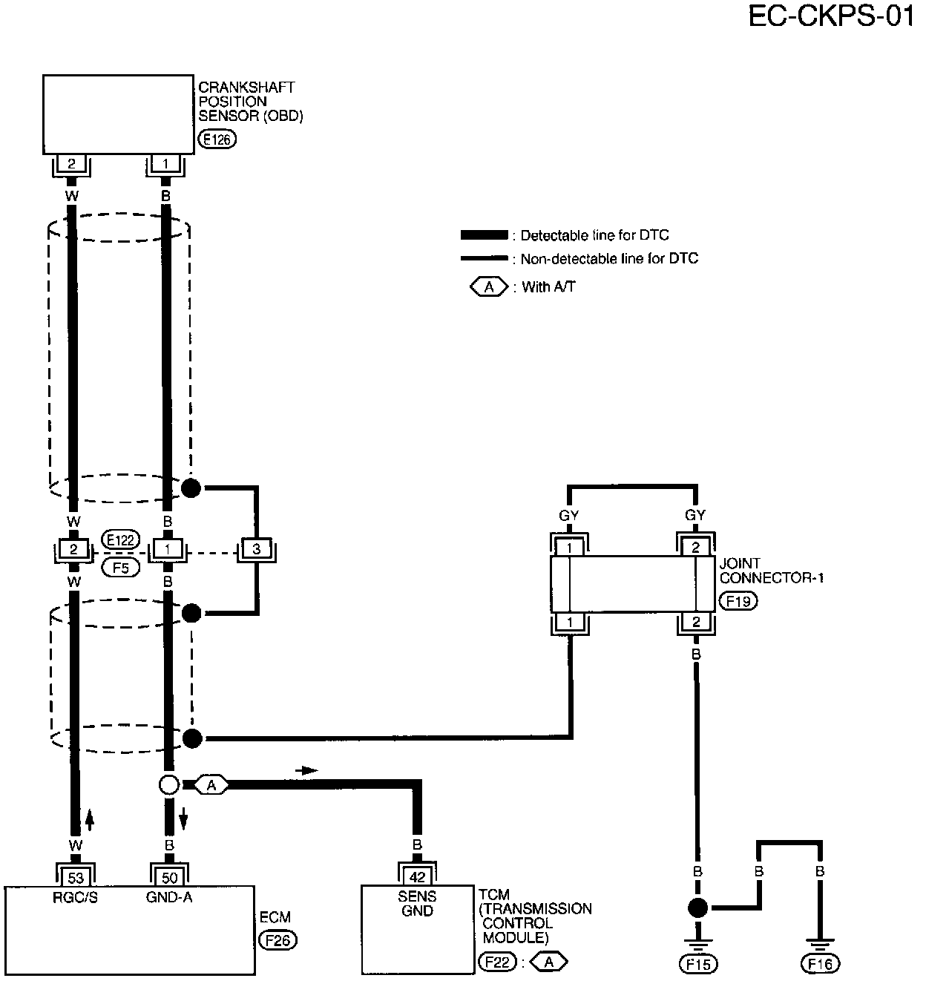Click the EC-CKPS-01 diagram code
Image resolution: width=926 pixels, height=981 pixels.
coord(830,16)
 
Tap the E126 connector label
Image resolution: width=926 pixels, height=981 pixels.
coord(217,139)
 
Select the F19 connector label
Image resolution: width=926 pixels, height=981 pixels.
coord(738,601)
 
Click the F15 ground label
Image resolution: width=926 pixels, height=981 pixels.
coord(697,964)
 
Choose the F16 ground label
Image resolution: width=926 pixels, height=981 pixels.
coord(820,964)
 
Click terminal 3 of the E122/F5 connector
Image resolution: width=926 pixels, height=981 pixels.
coord(256,550)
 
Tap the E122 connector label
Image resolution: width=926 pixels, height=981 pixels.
coord(120,539)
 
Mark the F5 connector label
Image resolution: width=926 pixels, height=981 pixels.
coord(120,568)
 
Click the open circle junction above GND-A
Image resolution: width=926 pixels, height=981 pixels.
coord(169,785)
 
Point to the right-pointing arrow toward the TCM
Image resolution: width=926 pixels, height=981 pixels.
coord(306,771)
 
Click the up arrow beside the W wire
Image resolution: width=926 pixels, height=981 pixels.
coord(90,820)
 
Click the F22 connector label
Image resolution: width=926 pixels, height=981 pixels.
coord(497,962)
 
